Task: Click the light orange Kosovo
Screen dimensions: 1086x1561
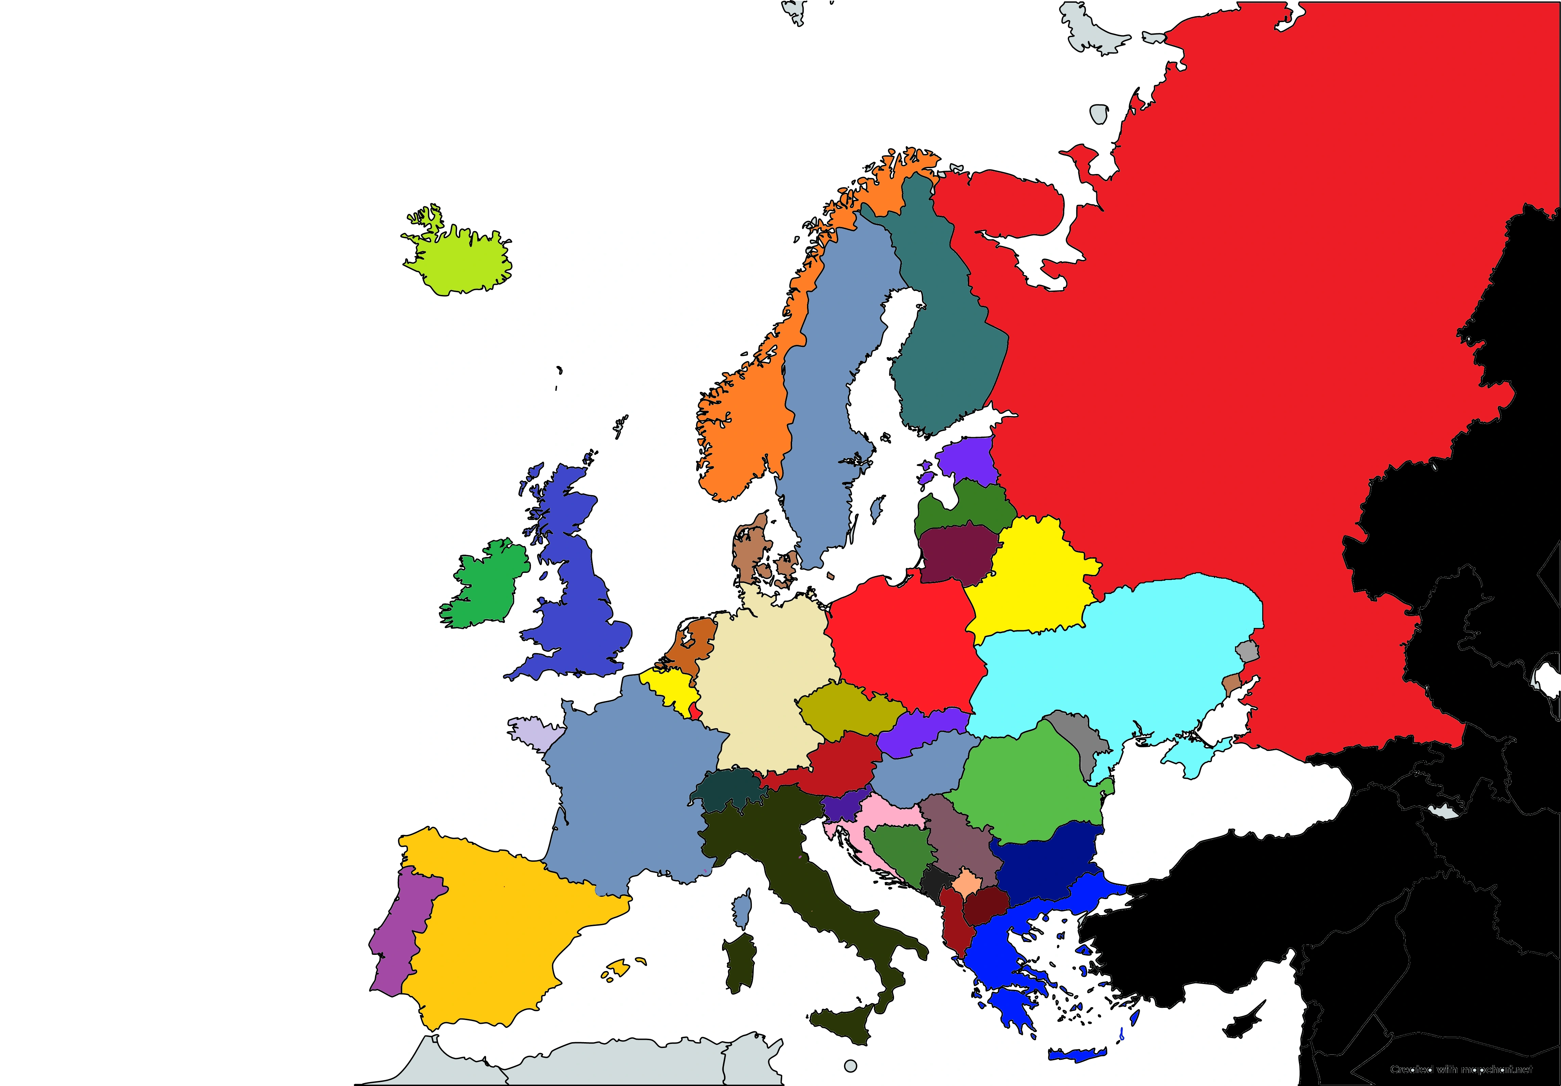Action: click(965, 883)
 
